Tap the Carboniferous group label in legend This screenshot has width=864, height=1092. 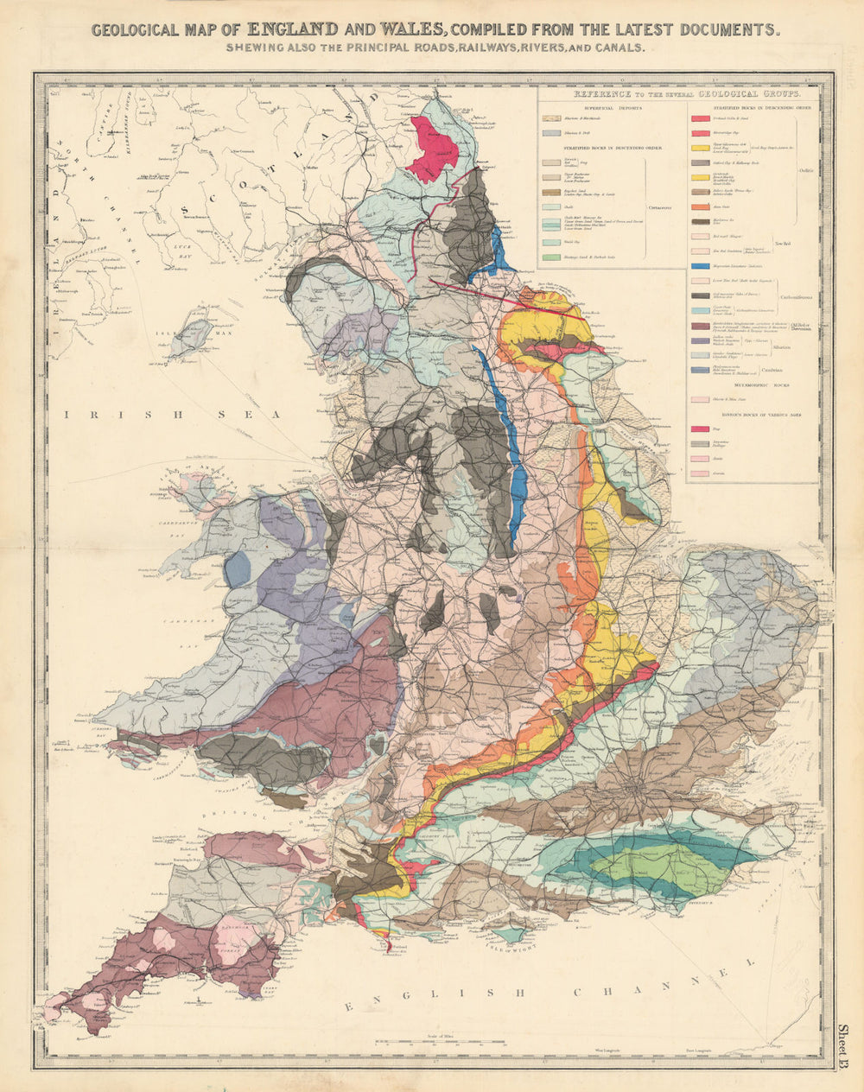pos(797,289)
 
